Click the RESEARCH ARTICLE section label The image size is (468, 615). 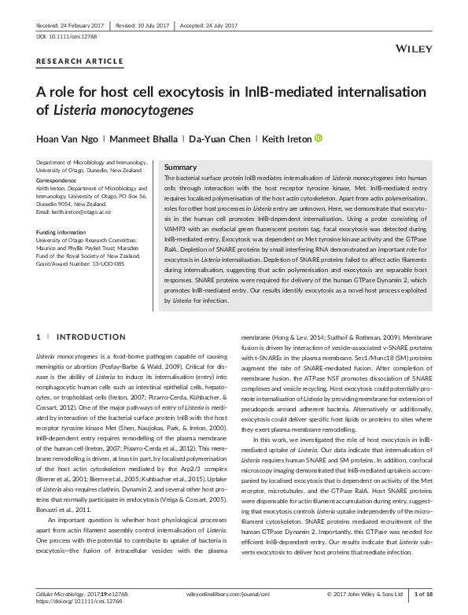[x=80, y=61]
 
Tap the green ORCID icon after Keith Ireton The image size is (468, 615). [x=297, y=139]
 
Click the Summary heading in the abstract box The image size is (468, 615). [x=180, y=168]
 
